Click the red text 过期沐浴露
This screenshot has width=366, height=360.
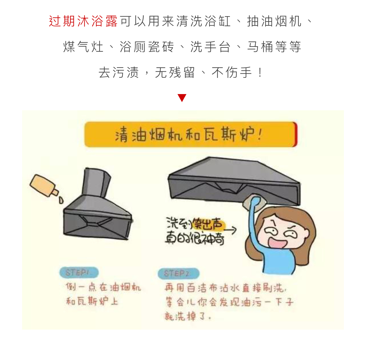coord(83,21)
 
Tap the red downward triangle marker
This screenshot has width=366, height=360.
coord(182,98)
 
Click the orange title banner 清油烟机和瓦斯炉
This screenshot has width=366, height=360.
coord(189,135)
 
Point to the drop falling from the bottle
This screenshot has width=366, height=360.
coord(61,200)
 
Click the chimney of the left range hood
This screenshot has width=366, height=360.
coord(96,183)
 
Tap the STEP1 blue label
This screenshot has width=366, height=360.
coord(78,272)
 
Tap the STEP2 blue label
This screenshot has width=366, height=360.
coord(178,273)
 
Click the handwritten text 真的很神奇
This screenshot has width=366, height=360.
coord(194,238)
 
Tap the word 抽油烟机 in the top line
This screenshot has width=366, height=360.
coord(274,21)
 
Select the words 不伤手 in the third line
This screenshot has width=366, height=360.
coord(232,73)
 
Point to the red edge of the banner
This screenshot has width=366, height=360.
coord(295,134)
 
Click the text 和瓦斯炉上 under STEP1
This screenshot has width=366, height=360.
coord(92,301)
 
